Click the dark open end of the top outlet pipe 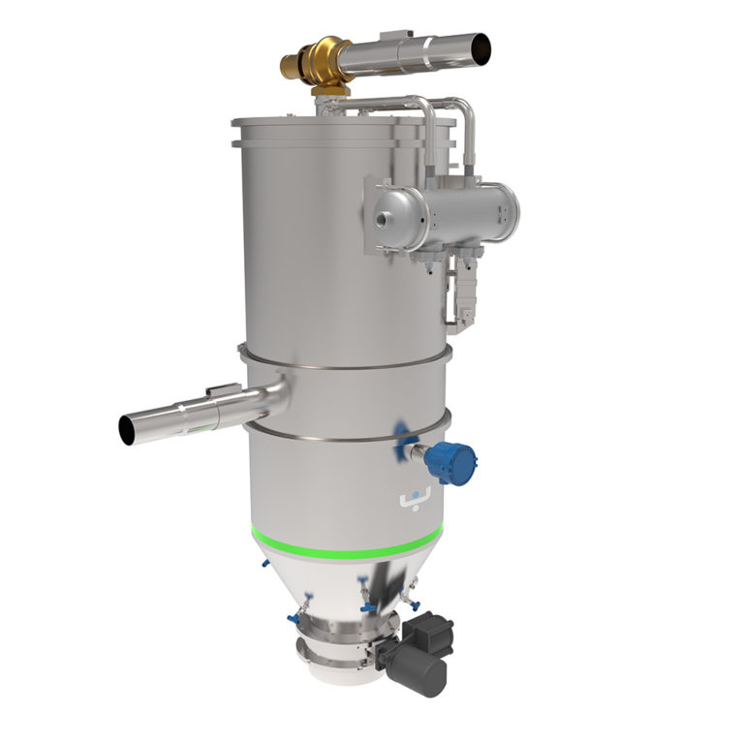click(x=479, y=46)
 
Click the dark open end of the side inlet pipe click(x=127, y=429)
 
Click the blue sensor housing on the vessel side click(x=449, y=461)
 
